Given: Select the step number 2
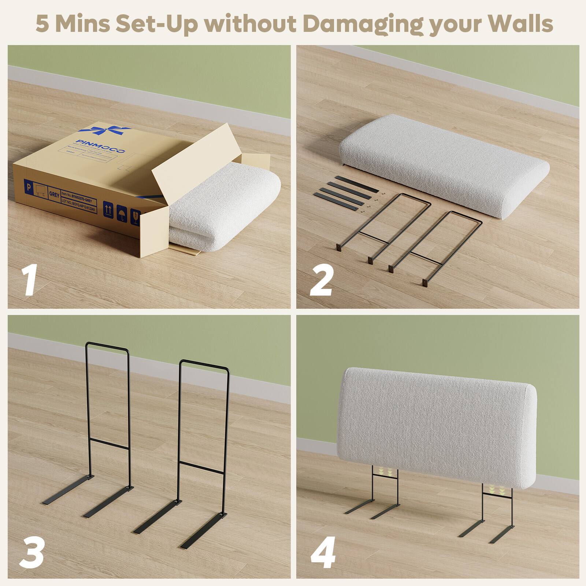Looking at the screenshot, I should [x=322, y=281].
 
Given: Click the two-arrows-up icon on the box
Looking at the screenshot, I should [x=108, y=209].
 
